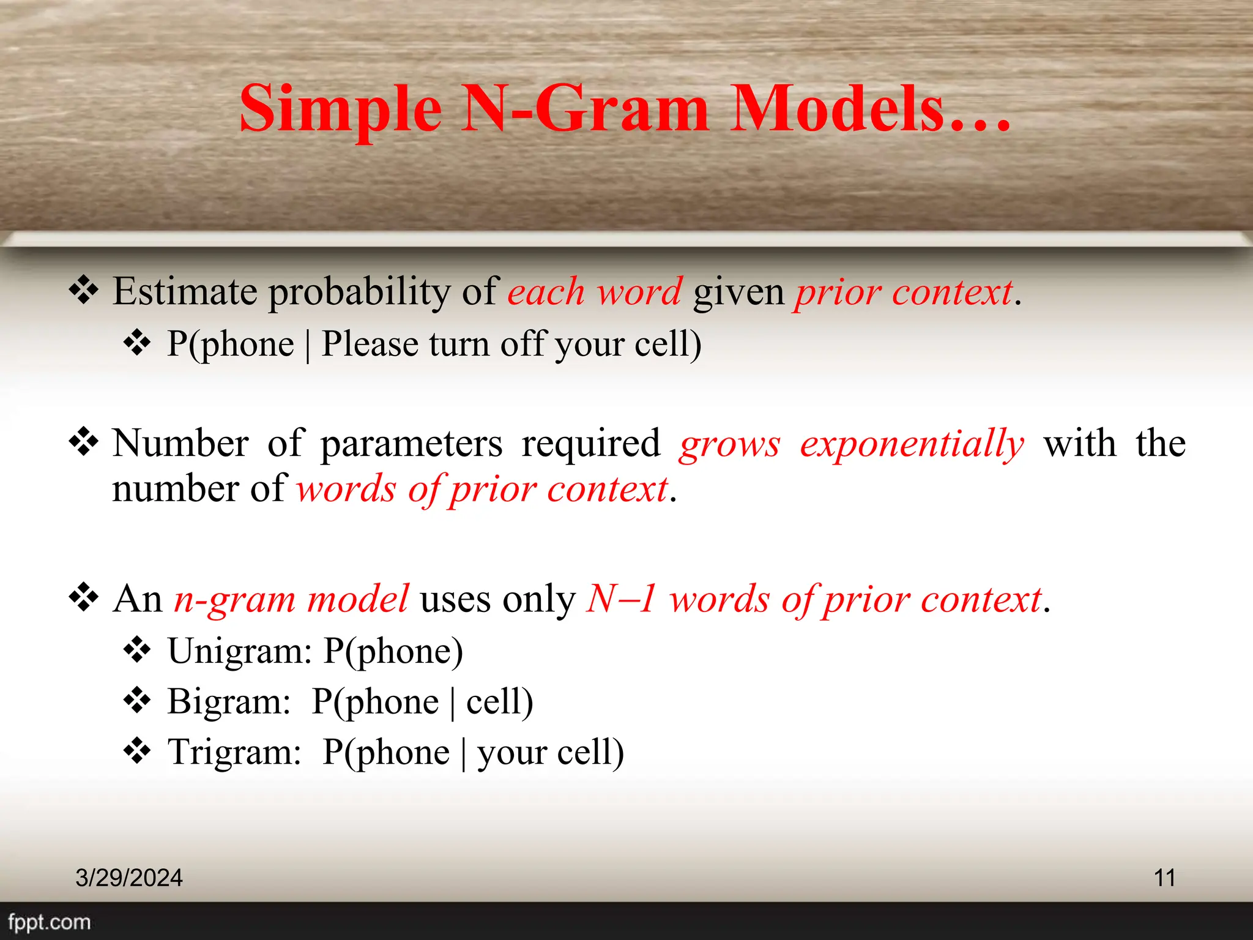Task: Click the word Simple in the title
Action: (x=340, y=110)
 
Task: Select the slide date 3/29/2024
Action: (x=128, y=878)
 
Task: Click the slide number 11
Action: (x=1164, y=878)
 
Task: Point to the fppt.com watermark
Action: (x=49, y=922)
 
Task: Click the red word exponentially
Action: (x=911, y=444)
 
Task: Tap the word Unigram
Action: (x=239, y=651)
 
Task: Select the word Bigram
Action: (x=228, y=701)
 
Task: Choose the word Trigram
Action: (x=234, y=752)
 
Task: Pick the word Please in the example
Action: (x=370, y=344)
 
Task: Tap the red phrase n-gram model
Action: (x=291, y=599)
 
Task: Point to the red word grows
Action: (x=729, y=444)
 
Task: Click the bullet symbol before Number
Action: (x=83, y=442)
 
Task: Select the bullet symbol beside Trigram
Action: (x=137, y=751)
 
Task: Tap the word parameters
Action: (x=411, y=444)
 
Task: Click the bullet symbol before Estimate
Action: (x=83, y=290)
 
